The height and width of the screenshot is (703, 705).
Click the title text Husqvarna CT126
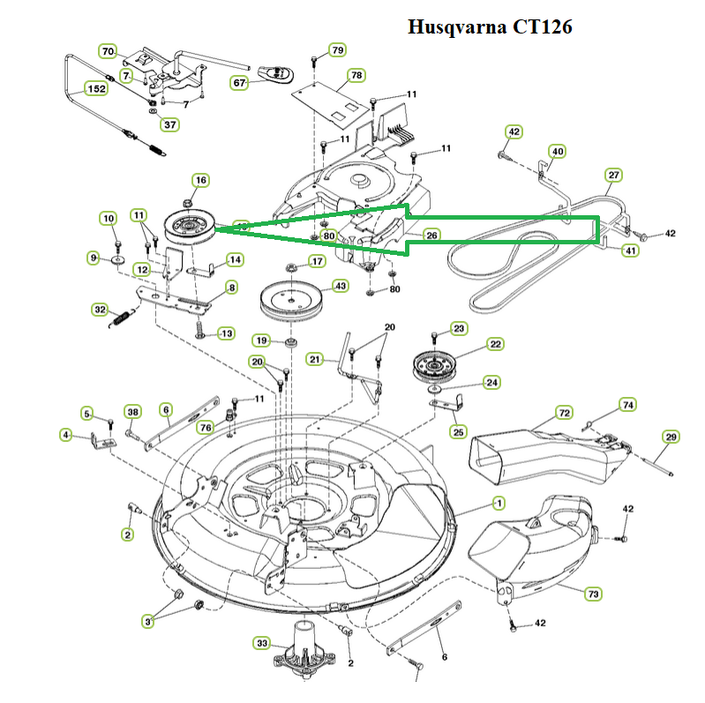[490, 27]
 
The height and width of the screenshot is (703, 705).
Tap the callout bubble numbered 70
[108, 51]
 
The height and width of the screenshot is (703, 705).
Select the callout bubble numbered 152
[96, 88]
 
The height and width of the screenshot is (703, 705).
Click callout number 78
[356, 75]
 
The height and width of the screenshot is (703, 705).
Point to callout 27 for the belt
[614, 174]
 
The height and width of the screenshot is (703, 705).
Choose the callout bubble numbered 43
[340, 287]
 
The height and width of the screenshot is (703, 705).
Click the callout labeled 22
[496, 344]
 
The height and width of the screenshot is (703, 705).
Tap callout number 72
[565, 412]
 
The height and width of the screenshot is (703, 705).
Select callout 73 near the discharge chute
[594, 595]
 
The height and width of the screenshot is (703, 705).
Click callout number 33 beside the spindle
[262, 643]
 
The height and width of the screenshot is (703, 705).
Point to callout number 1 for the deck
[499, 503]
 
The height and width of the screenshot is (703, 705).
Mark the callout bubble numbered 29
[671, 438]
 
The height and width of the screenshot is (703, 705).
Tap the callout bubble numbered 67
[239, 83]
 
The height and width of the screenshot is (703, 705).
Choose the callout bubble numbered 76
[206, 428]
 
